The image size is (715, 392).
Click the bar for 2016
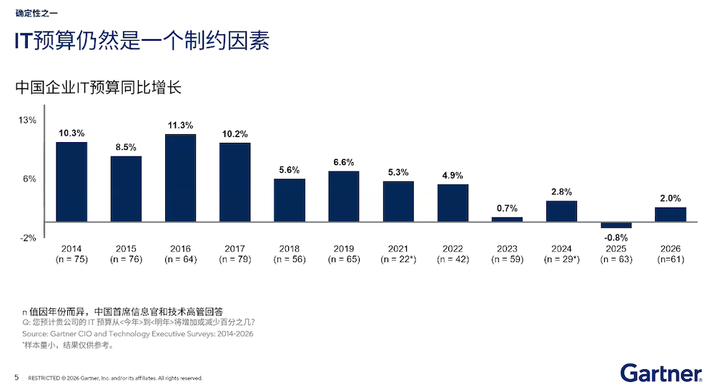coord(180,178)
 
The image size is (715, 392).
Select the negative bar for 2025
coord(616,225)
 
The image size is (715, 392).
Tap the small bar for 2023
coord(507,219)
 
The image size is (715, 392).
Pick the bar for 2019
coord(344,196)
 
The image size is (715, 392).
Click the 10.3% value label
coord(71,133)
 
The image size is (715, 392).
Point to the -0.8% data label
coord(616,237)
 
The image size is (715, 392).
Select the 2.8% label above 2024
coord(561,192)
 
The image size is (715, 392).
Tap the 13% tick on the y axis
coord(27,121)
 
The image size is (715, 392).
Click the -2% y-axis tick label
coord(27,238)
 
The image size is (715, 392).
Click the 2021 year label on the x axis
coord(398,249)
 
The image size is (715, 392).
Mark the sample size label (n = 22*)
coord(398,260)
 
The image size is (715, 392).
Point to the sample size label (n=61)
coord(670,260)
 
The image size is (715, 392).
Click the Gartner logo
coord(661,373)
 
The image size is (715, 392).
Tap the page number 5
coord(16,377)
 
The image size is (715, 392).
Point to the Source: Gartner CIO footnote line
coord(137,333)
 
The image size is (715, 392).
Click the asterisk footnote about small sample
coord(68,345)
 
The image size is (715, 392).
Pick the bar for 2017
coord(235,182)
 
